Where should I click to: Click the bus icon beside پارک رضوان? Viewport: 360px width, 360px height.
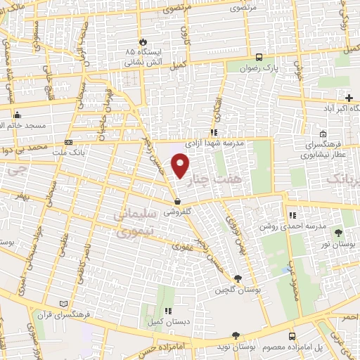[259, 58]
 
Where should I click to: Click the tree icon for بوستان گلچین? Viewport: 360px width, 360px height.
[238, 279]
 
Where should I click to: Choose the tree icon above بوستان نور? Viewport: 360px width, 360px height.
[340, 232]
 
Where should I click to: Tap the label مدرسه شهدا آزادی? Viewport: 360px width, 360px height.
[214, 143]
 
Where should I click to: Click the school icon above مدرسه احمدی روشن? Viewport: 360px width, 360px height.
[292, 216]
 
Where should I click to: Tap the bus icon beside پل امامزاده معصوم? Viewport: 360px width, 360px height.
[291, 336]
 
